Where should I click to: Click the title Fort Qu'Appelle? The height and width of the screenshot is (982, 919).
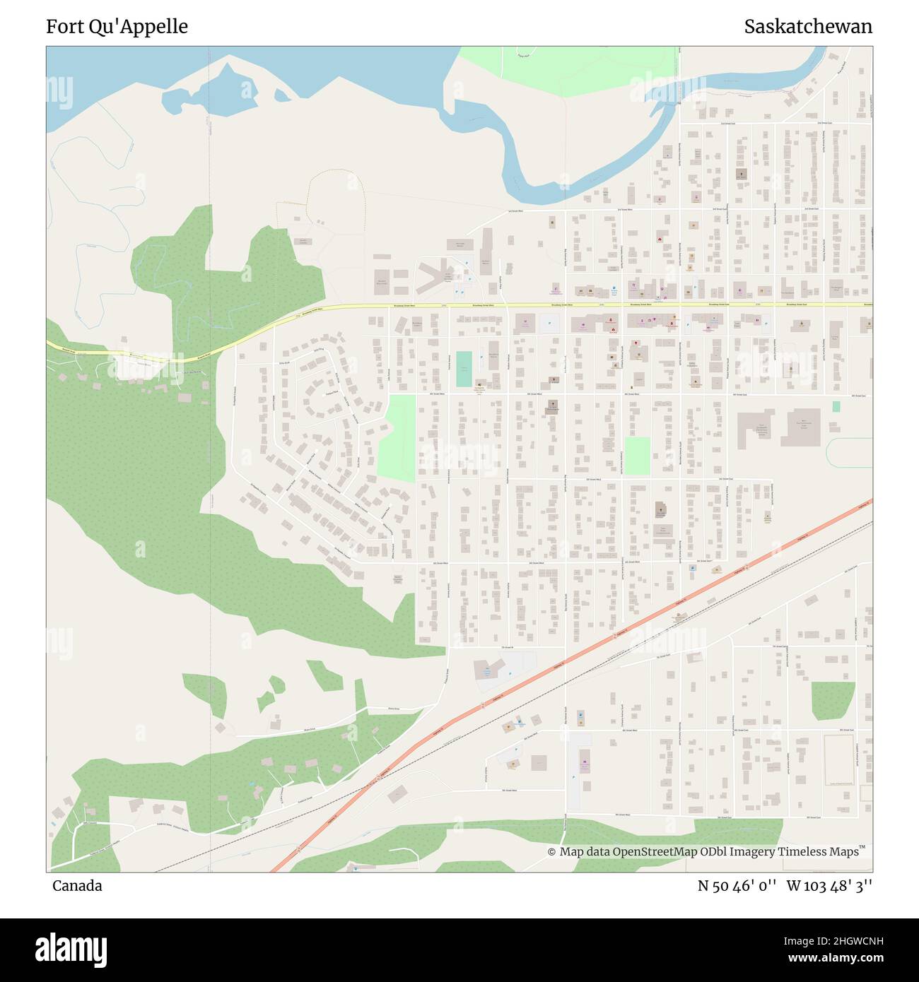click(x=117, y=27)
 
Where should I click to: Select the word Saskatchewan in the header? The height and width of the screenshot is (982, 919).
click(x=807, y=27)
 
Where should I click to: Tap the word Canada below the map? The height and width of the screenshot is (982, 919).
click(x=76, y=886)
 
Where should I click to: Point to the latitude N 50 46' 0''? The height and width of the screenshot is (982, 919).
click(x=738, y=886)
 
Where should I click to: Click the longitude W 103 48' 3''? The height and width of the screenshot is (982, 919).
click(x=829, y=886)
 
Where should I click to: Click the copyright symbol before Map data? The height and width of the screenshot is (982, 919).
click(x=551, y=852)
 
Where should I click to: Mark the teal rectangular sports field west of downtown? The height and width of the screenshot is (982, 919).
click(x=464, y=369)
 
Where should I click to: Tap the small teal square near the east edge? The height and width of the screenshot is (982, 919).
click(x=836, y=406)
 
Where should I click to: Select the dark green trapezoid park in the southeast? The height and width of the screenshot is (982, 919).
click(x=833, y=699)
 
